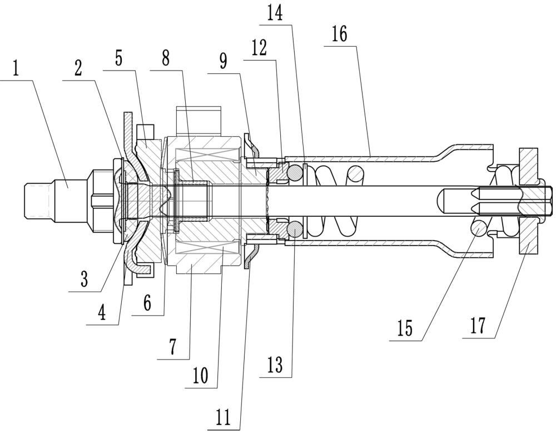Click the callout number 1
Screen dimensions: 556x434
(x=15, y=69)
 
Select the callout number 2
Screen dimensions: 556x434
(x=78, y=67)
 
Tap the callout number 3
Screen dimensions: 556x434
(x=84, y=279)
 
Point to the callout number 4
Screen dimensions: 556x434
(x=102, y=312)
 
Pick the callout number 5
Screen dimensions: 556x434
(x=119, y=58)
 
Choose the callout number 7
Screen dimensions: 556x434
(x=173, y=347)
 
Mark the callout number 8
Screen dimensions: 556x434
(x=166, y=58)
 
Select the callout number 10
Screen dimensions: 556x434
(x=200, y=376)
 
